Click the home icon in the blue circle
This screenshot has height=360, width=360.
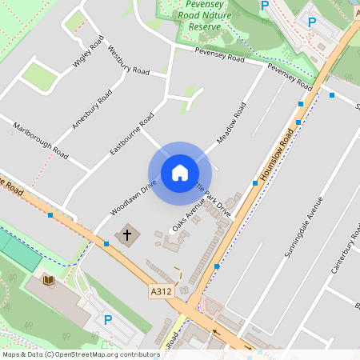[x=180, y=173]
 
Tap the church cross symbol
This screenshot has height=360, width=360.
[x=126, y=235]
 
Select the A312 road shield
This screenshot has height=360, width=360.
[x=161, y=292]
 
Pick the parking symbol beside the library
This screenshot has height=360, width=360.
[x=109, y=320]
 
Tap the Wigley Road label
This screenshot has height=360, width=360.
[x=90, y=54]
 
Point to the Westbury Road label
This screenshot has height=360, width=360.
[x=128, y=61]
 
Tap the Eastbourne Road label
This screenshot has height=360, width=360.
[x=132, y=133]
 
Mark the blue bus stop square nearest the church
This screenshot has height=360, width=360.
[x=106, y=242]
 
